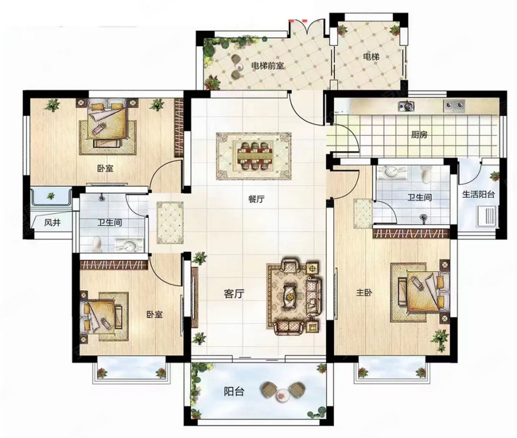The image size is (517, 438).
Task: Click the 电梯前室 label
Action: (x=267, y=66)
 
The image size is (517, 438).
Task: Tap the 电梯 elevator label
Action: (x=371, y=57)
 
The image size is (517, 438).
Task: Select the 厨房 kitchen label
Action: (x=419, y=135)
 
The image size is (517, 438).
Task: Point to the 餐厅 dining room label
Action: (x=256, y=199)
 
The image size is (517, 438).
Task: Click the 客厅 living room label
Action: (x=234, y=294)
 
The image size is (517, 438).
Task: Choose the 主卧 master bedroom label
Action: (x=364, y=292)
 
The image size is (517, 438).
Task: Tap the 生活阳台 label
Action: (x=479, y=194)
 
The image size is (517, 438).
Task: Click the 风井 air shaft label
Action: (x=52, y=223)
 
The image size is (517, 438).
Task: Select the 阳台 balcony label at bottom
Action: (x=234, y=392)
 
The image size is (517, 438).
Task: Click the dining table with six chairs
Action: (x=253, y=156)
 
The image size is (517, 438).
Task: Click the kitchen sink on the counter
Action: (x=407, y=105)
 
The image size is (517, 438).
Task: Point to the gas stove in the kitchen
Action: (x=454, y=105)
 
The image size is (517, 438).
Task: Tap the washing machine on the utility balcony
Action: (x=487, y=216)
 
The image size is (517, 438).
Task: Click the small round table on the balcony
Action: (x=282, y=394)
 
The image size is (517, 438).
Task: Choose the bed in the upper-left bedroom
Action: (x=107, y=121)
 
